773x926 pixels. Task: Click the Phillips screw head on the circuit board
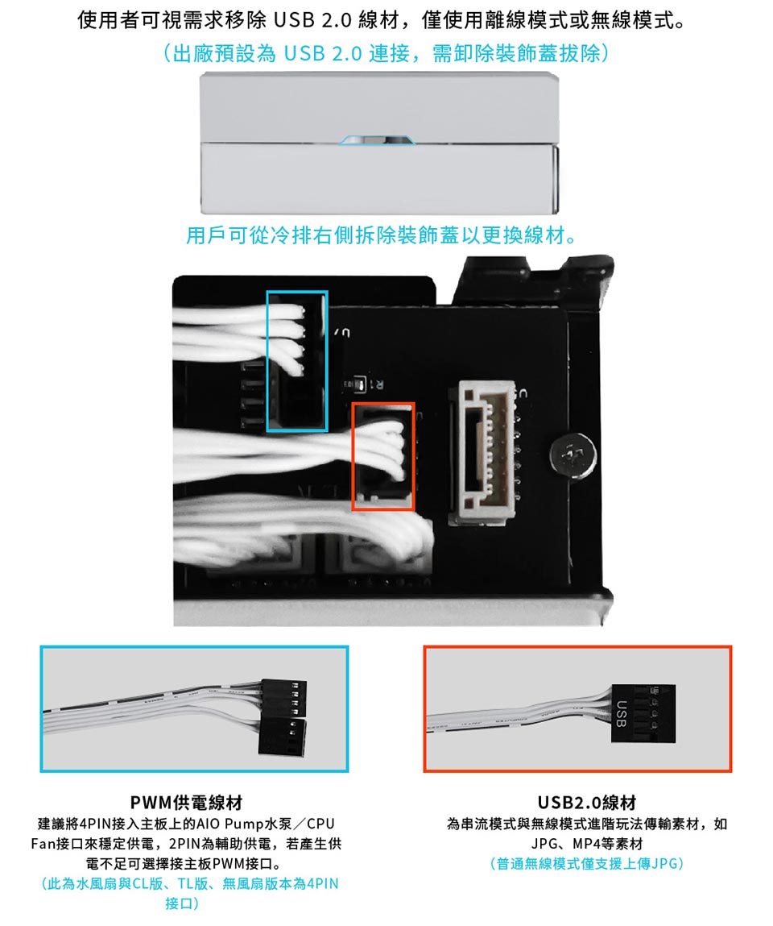[x=573, y=455]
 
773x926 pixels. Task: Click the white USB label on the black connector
[x=620, y=714]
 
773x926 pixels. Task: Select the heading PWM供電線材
[x=187, y=803]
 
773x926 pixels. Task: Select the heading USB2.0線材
[x=586, y=803]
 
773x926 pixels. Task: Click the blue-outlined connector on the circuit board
[x=297, y=361]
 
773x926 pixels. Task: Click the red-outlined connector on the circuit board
[x=383, y=456]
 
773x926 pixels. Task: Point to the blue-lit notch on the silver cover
[x=377, y=140]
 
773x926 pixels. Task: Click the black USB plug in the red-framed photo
[x=643, y=714]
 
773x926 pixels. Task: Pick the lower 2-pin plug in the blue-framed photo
[x=283, y=737]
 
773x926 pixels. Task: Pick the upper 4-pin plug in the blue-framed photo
[x=283, y=699]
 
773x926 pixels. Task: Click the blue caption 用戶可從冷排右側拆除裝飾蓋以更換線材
[x=381, y=235]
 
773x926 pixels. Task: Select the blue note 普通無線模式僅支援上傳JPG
[x=586, y=863]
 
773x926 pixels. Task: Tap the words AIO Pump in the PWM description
[x=226, y=823]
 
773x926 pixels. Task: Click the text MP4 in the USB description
[x=586, y=843]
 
